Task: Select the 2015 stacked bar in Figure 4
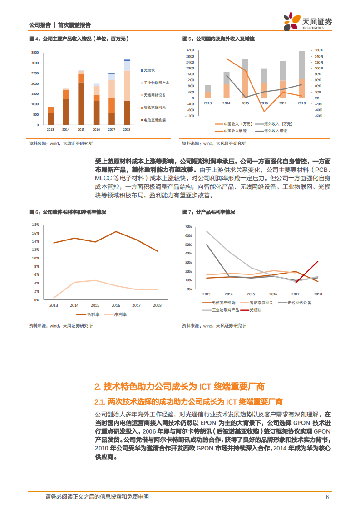[x=81, y=98]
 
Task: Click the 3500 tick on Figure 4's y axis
[x=35, y=53]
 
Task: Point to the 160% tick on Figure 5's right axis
[x=319, y=50]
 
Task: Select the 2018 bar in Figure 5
[x=301, y=74]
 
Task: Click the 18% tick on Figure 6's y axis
[x=36, y=225]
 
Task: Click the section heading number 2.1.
[x=99, y=402]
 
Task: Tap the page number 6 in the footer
[x=327, y=497]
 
